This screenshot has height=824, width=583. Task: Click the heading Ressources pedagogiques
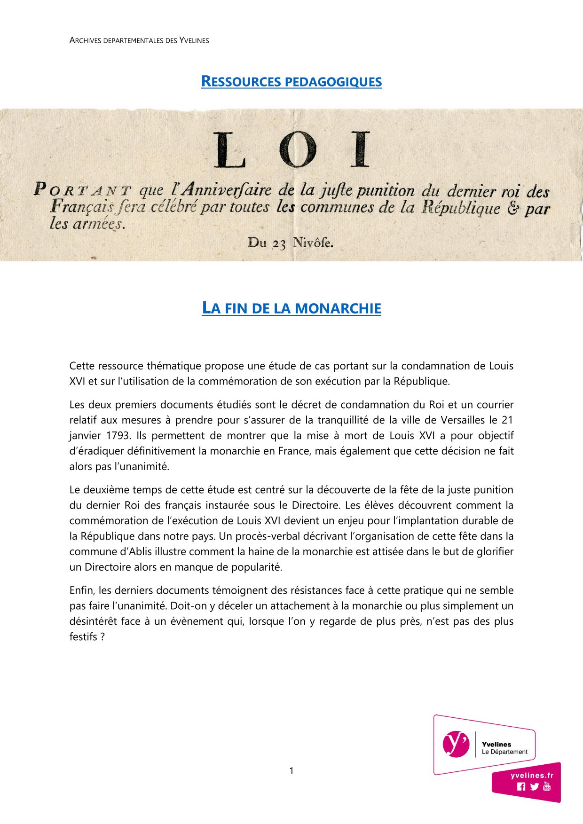(291, 82)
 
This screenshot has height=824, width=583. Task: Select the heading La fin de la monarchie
(291, 308)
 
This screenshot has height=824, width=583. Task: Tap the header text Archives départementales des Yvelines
(139, 40)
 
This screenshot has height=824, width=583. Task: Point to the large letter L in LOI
(230, 150)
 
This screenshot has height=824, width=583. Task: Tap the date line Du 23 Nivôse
(291, 243)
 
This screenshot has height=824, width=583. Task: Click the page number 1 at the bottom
(291, 771)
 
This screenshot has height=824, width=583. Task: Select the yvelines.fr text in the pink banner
(532, 776)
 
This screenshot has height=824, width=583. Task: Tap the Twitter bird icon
(534, 786)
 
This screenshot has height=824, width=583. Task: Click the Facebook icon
(521, 786)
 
